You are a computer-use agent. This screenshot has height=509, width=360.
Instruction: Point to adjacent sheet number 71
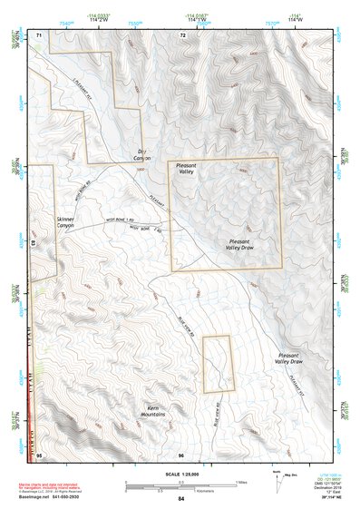coord(39,34)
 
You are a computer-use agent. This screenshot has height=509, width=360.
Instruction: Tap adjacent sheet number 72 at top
coord(182,34)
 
